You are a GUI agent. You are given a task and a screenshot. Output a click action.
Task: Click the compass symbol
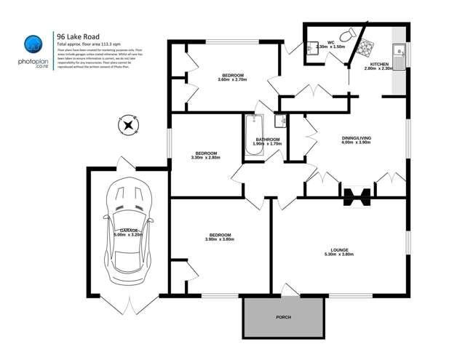tap(129, 125)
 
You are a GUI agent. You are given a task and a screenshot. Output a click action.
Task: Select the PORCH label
tap(283, 318)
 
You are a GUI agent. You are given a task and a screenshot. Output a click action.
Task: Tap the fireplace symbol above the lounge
tap(357, 196)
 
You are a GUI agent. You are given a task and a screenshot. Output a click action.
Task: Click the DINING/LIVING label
tap(357, 137)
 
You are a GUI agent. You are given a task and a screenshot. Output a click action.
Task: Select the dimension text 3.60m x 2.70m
tap(233, 80)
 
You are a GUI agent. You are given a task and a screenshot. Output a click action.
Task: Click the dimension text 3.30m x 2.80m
tap(205, 157)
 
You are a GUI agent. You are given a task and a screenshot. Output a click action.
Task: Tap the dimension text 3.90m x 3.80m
tap(220, 240)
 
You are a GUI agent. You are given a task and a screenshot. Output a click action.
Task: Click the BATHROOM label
tap(268, 139)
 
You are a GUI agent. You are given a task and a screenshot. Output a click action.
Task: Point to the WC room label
tap(330, 41)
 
